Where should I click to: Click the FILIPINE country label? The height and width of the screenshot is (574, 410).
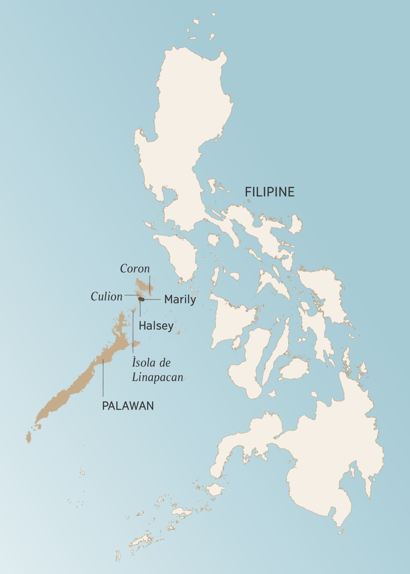click(x=270, y=192)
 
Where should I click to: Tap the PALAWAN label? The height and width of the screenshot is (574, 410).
click(x=128, y=406)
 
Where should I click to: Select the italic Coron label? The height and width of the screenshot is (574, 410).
click(x=135, y=269)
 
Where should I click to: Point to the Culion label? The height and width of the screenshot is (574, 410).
click(x=106, y=296)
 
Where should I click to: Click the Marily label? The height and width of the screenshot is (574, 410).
click(x=180, y=299)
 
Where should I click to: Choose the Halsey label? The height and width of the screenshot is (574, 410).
click(x=156, y=326)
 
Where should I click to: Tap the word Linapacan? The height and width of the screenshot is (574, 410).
click(x=158, y=378)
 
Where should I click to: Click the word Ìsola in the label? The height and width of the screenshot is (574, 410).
click(x=141, y=362)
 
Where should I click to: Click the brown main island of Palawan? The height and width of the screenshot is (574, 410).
click(x=79, y=383)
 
